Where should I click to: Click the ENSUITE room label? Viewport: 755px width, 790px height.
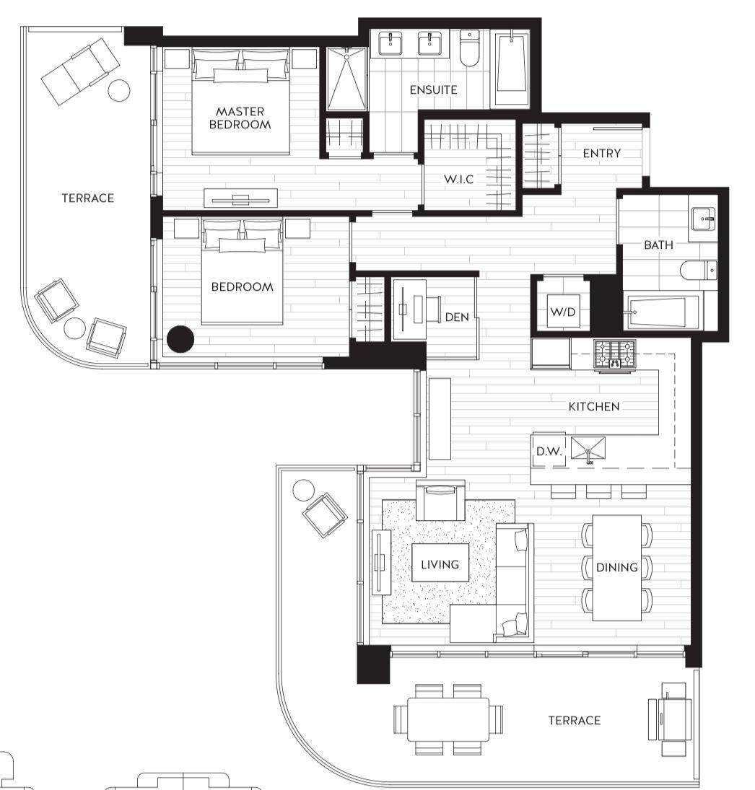click(434, 90)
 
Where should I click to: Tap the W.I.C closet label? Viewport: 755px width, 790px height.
click(458, 179)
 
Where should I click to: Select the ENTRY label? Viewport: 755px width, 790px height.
click(601, 153)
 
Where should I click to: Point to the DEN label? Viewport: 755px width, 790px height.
click(457, 317)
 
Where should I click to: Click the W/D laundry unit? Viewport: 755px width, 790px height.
click(563, 312)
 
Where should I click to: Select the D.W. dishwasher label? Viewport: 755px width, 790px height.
click(549, 452)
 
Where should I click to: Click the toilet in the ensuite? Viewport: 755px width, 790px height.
click(469, 48)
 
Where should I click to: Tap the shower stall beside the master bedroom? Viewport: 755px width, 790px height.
click(346, 79)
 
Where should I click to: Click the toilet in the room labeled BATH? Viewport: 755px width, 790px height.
click(699, 270)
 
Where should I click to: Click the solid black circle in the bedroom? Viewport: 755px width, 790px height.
click(180, 338)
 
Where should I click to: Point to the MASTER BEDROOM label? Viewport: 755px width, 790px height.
click(240, 118)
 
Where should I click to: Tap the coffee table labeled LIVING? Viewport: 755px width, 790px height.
click(440, 563)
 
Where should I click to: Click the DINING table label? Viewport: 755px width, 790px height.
click(617, 567)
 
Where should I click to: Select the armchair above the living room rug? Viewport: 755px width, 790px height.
click(440, 500)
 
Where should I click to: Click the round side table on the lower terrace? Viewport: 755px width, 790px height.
click(303, 490)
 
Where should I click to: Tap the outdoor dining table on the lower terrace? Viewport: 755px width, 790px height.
click(448, 719)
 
